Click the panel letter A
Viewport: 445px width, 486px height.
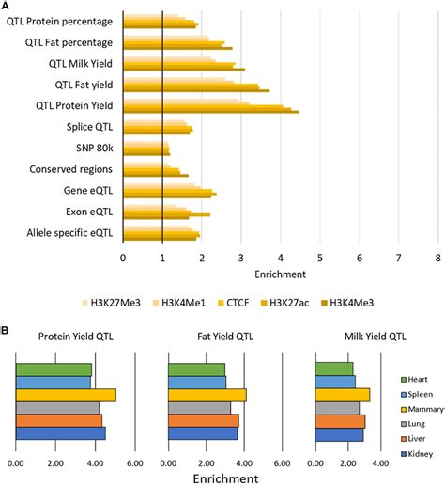7,7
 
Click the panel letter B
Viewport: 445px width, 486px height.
7,332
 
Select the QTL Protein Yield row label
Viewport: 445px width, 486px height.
74,105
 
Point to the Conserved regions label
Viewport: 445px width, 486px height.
71,169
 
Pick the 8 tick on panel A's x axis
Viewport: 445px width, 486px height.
439,257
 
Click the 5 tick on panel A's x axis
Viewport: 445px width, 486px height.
321,257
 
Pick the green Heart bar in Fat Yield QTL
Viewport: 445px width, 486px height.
197,369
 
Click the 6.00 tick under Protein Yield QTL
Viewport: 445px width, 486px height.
133,462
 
